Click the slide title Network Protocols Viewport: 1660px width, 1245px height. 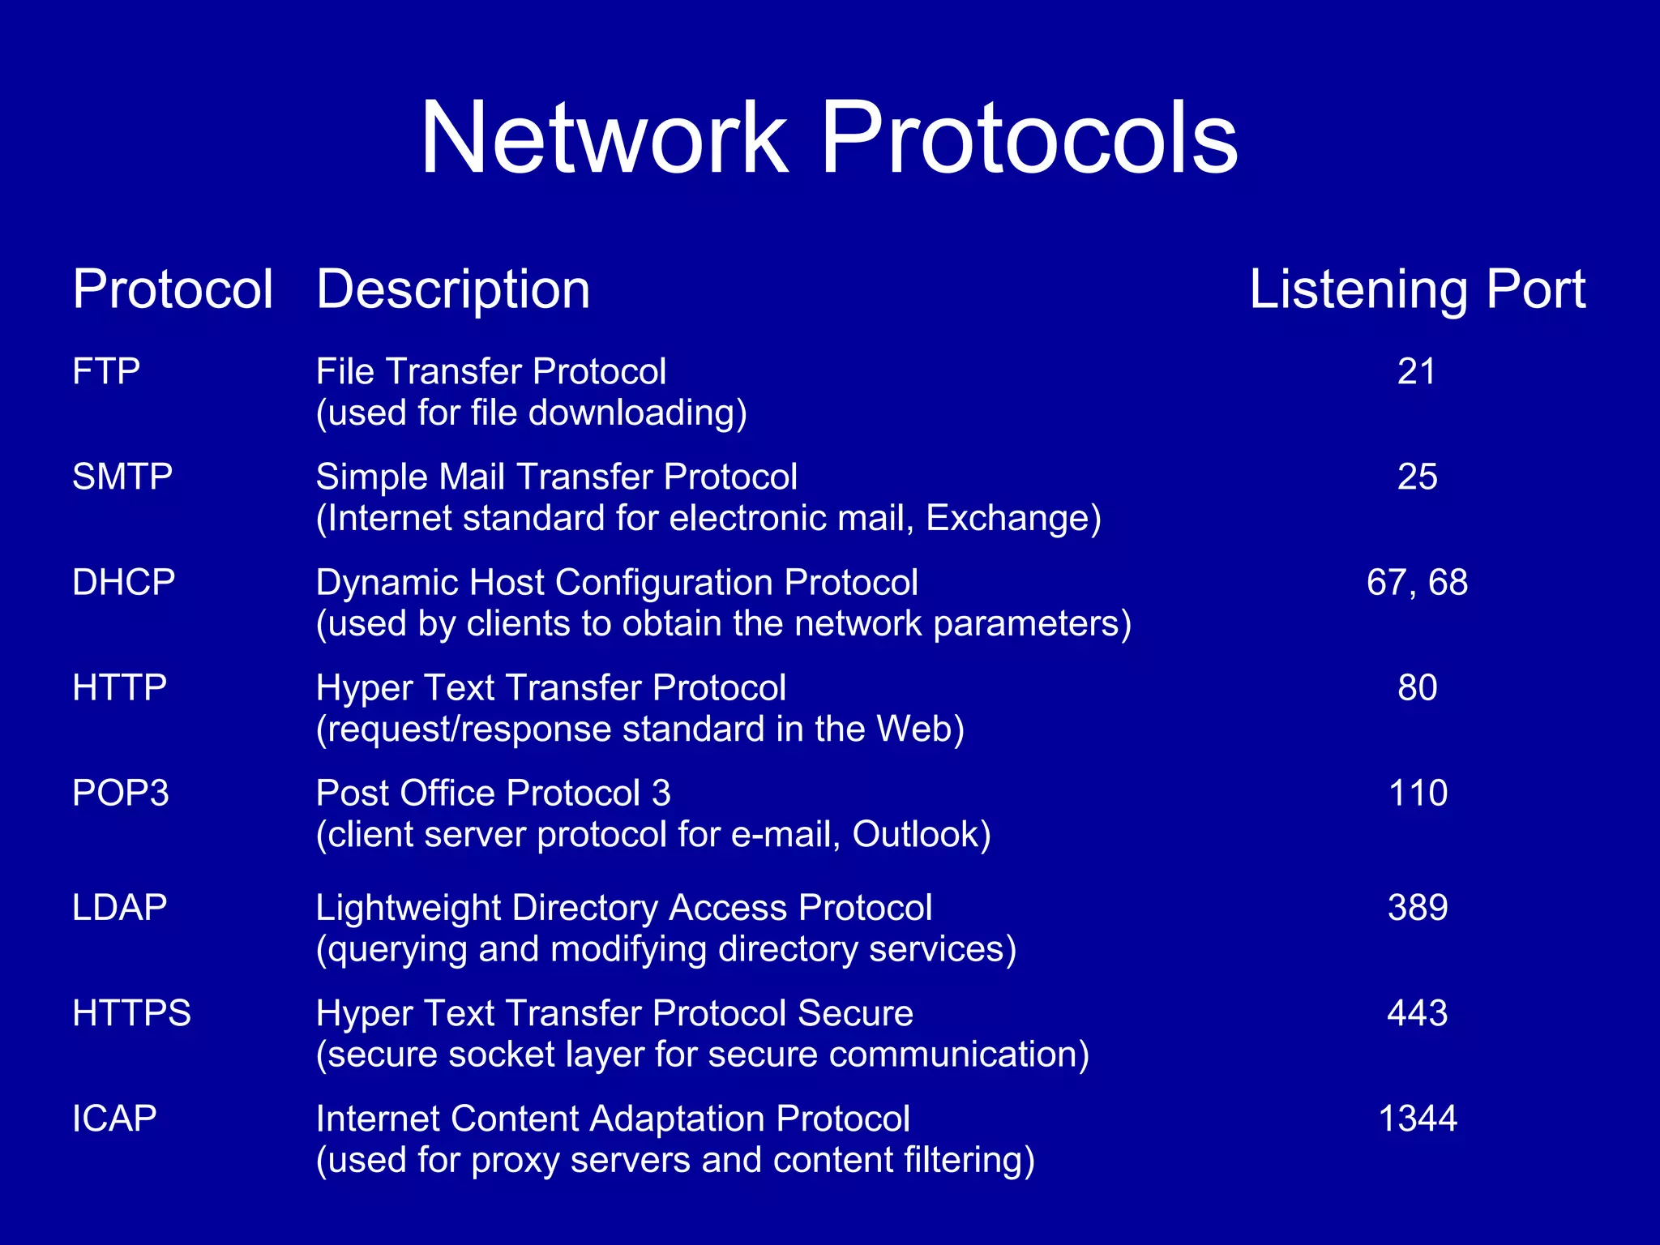point(828,138)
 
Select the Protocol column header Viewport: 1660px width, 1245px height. point(173,289)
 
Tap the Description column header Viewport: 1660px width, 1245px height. point(453,289)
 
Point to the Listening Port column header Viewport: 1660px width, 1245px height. point(1417,289)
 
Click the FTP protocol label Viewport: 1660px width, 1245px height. point(106,372)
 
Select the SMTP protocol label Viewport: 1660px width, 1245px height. point(122,477)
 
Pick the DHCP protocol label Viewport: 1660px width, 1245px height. point(123,583)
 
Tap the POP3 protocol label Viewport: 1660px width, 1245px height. point(121,794)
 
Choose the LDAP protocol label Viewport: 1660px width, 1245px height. point(120,908)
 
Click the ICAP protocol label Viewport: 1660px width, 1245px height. point(114,1119)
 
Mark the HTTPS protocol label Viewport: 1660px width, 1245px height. point(131,1013)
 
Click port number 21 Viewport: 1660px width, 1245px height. point(1417,372)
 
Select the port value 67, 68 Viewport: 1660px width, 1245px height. point(1417,583)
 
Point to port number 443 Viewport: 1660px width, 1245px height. point(1417,1013)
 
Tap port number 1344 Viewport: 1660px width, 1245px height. point(1418,1119)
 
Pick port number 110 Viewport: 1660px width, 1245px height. point(1418,794)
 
